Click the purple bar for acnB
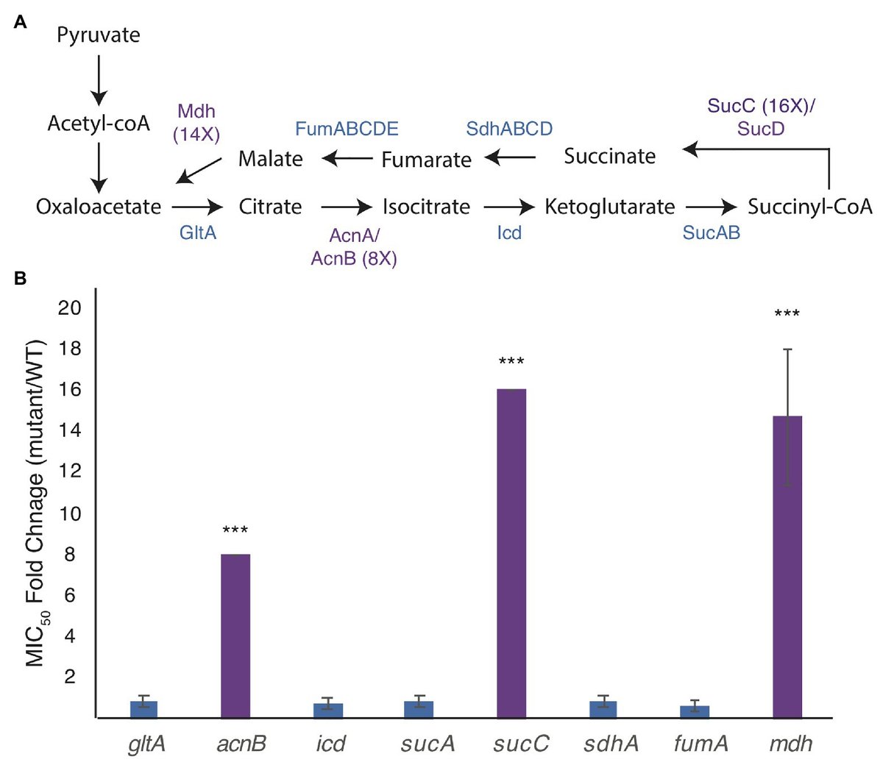tap(235, 636)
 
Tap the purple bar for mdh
tap(787, 566)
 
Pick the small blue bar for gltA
tap(143, 709)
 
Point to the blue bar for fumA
tap(695, 711)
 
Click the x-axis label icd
tap(330, 744)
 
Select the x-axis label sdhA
tap(611, 744)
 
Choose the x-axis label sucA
tap(428, 744)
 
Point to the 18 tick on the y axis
tap(69, 349)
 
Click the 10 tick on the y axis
tap(69, 513)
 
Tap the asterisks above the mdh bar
tap(787, 315)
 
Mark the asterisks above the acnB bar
tap(235, 530)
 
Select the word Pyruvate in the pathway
tap(99, 35)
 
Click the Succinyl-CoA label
tap(809, 207)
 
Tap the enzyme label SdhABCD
tap(509, 129)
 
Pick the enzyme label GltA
tap(198, 233)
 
